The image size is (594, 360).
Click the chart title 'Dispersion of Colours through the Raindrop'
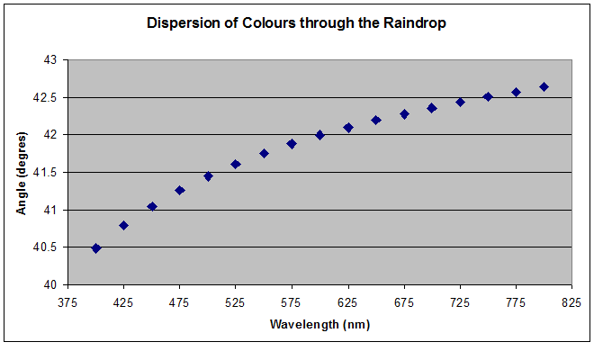pos(296,22)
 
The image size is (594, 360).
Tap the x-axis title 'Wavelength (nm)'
pos(319,324)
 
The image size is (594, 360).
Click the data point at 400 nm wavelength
pos(96,247)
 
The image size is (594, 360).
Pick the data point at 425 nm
pos(124,225)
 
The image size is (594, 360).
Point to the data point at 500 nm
pos(208,176)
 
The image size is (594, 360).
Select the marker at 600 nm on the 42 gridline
pos(319,135)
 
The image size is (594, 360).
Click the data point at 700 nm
pos(432,108)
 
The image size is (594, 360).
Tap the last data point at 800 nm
pos(544,86)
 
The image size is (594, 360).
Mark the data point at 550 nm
pos(264,153)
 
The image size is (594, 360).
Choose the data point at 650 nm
pos(376,120)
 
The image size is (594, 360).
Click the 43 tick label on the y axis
pos(49,59)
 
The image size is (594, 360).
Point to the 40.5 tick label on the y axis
pos(44,247)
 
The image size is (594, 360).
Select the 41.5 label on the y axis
pos(44,172)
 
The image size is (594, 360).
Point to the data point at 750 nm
pos(488,96)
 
